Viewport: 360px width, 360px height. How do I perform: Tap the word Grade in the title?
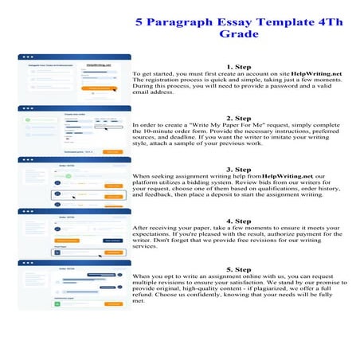point(239,35)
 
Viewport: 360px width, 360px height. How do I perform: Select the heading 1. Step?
point(239,67)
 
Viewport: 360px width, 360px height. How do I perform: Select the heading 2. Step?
point(239,118)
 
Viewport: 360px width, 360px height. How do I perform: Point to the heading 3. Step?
point(239,169)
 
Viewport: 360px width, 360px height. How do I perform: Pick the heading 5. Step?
point(239,270)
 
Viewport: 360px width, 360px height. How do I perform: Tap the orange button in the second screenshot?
point(112,151)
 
